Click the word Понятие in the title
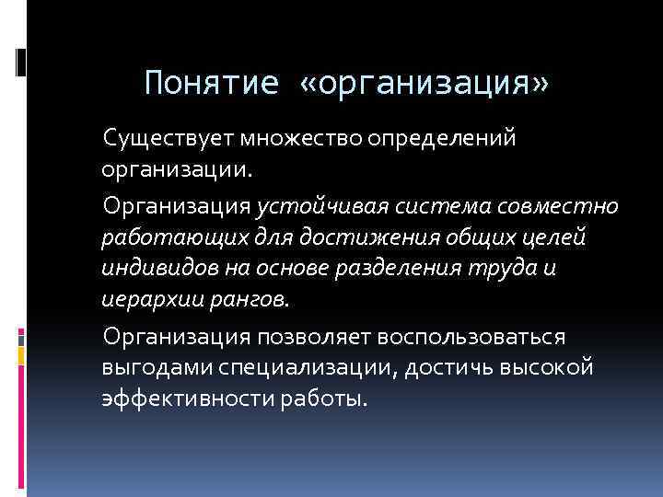pyautogui.click(x=211, y=84)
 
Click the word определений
pyautogui.click(x=442, y=140)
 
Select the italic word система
pyautogui.click(x=432, y=204)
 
